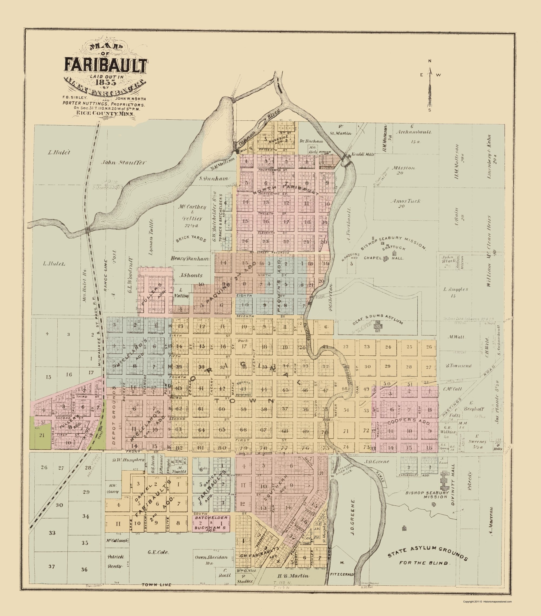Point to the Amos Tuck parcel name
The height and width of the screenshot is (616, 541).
pos(401,201)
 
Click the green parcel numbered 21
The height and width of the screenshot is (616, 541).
pos(42,435)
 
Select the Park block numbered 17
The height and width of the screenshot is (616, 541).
pos(244,346)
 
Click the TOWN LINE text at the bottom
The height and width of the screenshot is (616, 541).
pos(156,593)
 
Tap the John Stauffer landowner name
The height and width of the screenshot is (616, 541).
pos(124,162)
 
